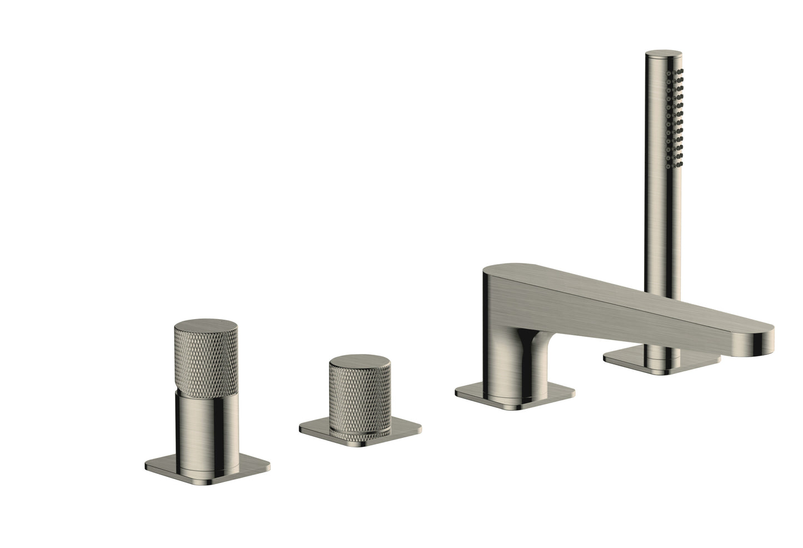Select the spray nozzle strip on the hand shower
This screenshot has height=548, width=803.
(x=676, y=117)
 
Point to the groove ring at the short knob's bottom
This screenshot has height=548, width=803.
(x=360, y=433)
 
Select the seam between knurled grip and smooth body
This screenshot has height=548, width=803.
(x=206, y=390)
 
